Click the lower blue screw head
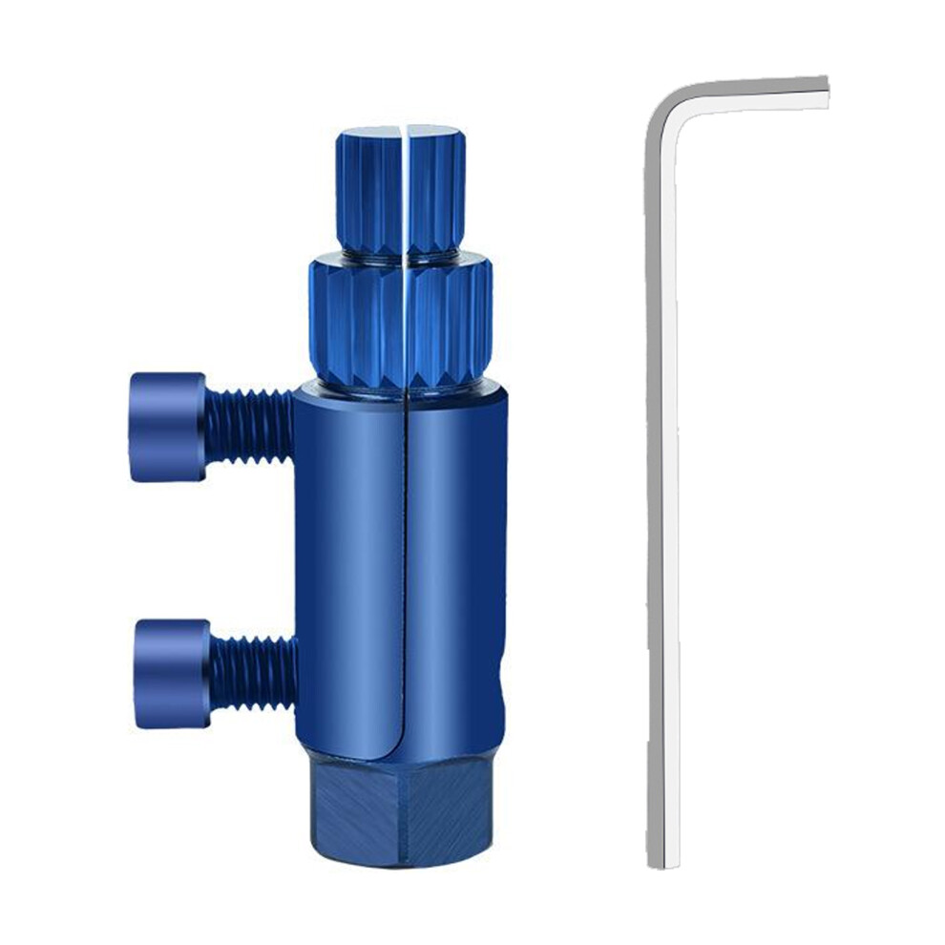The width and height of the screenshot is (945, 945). point(171,673)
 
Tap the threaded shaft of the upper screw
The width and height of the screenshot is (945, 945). point(248,426)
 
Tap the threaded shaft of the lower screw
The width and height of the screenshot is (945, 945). point(253,673)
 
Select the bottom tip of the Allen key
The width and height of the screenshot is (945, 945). point(657,859)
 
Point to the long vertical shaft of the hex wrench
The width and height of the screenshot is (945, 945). point(658,477)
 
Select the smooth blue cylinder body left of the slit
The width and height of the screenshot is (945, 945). point(348,573)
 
